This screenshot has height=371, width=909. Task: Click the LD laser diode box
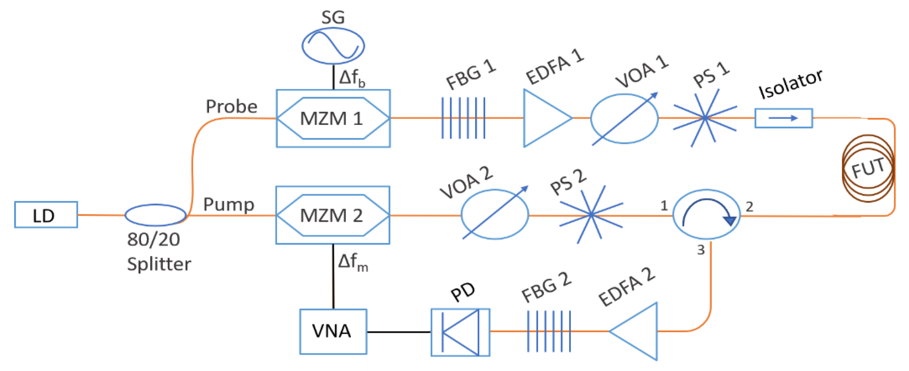(46, 215)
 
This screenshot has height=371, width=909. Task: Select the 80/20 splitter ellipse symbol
(155, 215)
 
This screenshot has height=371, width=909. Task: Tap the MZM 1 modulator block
(333, 118)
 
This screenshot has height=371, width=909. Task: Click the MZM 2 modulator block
(332, 215)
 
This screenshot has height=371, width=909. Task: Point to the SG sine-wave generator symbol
(333, 46)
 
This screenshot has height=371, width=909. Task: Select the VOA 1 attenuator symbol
(624, 119)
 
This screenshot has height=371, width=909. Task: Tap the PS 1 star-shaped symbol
(705, 118)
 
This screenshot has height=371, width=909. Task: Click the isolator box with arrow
(784, 118)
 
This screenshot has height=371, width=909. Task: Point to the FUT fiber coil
(868, 168)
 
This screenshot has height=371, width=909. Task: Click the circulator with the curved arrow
(706, 215)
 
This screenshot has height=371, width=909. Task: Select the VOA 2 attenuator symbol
(495, 214)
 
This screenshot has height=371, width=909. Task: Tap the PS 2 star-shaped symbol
(591, 214)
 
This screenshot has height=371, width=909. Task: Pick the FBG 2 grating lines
(549, 331)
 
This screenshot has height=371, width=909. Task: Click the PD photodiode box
(460, 332)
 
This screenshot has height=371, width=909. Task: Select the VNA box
(333, 331)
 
